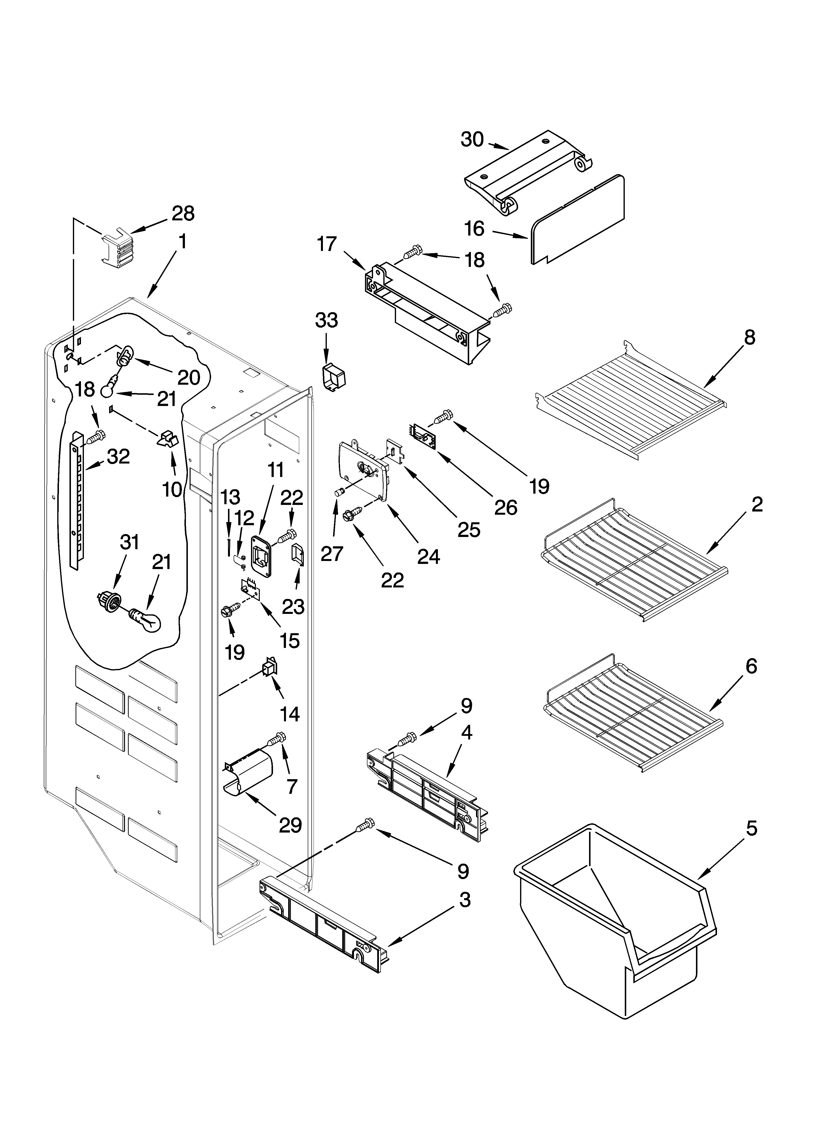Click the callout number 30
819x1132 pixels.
pyautogui.click(x=472, y=140)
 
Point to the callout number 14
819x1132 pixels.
pyautogui.click(x=290, y=714)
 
